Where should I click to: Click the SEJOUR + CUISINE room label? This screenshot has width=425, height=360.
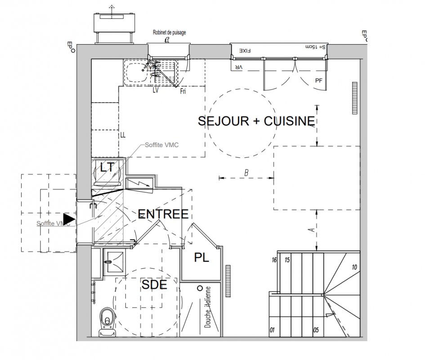256,121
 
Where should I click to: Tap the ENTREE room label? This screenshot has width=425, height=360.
163,214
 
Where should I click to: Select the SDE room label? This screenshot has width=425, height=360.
154,285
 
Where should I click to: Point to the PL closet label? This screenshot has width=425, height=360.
201,258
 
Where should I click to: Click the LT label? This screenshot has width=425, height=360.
107,168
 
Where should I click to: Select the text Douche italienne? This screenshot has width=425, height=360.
208,307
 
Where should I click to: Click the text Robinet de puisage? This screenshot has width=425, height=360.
169,33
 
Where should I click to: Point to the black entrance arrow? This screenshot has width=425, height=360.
69,219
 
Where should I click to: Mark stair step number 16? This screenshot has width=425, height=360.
273,260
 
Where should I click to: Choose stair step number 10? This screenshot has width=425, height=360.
354,267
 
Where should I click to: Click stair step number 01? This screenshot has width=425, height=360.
272,330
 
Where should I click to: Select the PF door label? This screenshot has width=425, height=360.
319,81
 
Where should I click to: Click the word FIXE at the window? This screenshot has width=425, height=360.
245,51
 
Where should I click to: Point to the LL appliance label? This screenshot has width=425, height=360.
122,135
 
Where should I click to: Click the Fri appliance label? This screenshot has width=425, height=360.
183,91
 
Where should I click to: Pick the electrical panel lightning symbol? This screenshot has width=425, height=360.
139,183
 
